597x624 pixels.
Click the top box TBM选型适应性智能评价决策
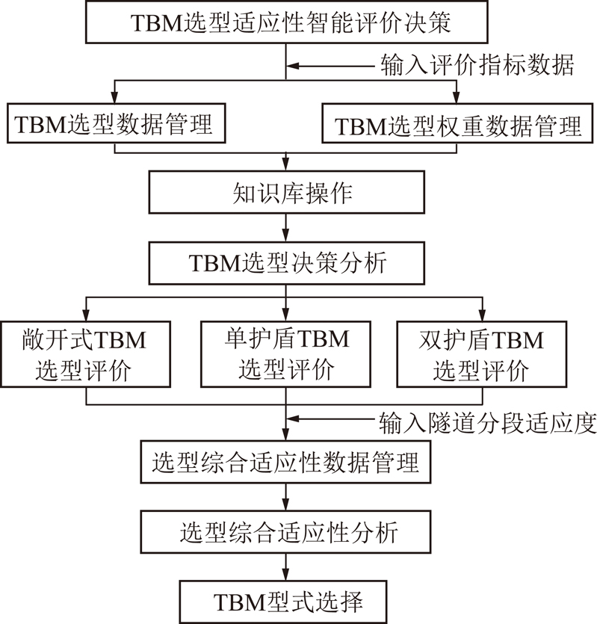click(287, 22)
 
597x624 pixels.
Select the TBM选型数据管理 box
click(117, 123)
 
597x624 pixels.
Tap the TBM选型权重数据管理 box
click(457, 123)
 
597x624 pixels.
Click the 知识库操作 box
click(287, 192)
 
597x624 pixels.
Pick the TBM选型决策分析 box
click(287, 263)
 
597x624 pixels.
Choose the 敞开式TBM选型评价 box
click(86, 354)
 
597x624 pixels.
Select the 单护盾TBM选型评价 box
click(285, 354)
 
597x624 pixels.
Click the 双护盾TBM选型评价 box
click(482, 354)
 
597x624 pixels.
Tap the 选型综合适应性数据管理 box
click(285, 462)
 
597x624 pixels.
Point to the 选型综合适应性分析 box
click(285, 532)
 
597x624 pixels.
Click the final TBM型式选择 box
click(283, 602)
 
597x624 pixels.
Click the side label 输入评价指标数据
click(477, 65)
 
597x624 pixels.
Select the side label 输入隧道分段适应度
click(488, 422)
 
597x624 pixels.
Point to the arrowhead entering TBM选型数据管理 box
click(114, 98)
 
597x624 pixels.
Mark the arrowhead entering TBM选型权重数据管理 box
click(457, 98)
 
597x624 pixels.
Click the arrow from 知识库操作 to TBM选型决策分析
click(285, 228)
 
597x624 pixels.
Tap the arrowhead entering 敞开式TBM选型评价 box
click(86, 315)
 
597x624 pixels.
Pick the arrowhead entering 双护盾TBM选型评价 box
click(483, 315)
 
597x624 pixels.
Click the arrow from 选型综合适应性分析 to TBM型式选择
click(285, 567)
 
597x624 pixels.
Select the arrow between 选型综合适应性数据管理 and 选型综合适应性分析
click(285, 497)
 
